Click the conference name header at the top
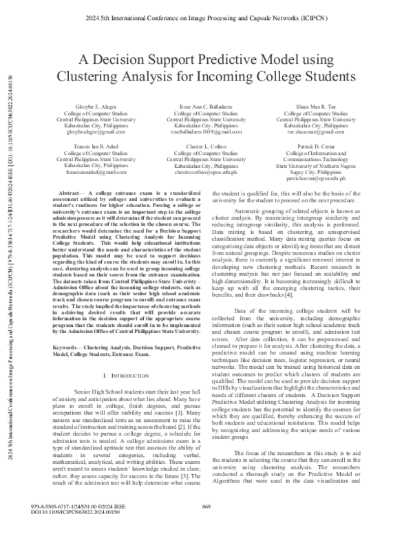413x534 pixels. (206, 10)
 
